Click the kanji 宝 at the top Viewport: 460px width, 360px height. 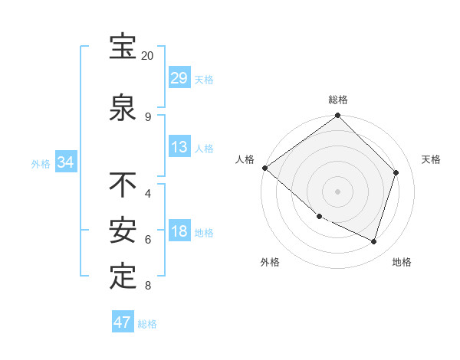[123, 47]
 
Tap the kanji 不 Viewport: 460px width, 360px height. [123, 185]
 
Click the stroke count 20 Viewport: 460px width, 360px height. [147, 56]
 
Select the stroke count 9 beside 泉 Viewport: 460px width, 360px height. [147, 117]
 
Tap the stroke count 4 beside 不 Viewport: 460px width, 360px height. [147, 194]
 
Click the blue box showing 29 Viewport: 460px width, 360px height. [179, 78]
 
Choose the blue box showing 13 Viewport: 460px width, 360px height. [179, 147]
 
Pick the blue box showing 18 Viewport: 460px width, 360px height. [179, 231]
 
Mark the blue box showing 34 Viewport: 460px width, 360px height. [65, 162]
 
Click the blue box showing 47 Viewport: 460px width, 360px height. [123, 322]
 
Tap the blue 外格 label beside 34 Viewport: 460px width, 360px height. [40, 163]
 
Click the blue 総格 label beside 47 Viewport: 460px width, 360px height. [147, 323]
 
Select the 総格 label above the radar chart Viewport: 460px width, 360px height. [338, 100]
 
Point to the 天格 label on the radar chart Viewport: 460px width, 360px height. [432, 160]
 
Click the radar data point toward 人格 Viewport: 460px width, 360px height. [264, 168]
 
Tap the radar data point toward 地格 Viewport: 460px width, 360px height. [374, 241]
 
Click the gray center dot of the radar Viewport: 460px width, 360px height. [338, 191]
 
